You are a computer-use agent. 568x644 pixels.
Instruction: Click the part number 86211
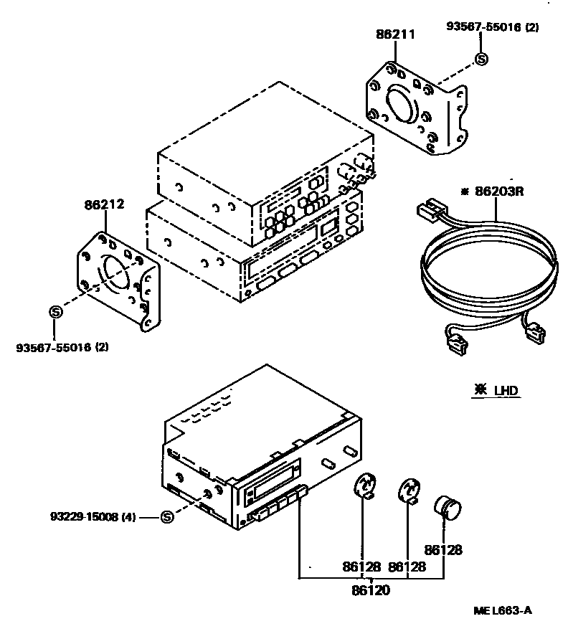tap(395, 34)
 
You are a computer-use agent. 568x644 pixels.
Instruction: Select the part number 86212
tap(105, 204)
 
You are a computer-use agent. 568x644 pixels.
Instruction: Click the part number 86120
tap(371, 591)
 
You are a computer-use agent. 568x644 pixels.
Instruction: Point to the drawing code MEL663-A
tap(503, 610)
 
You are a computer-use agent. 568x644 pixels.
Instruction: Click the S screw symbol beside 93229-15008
tap(166, 516)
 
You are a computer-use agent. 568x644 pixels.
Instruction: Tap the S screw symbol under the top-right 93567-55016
tap(481, 60)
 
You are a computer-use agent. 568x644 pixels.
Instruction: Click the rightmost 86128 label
tap(443, 550)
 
